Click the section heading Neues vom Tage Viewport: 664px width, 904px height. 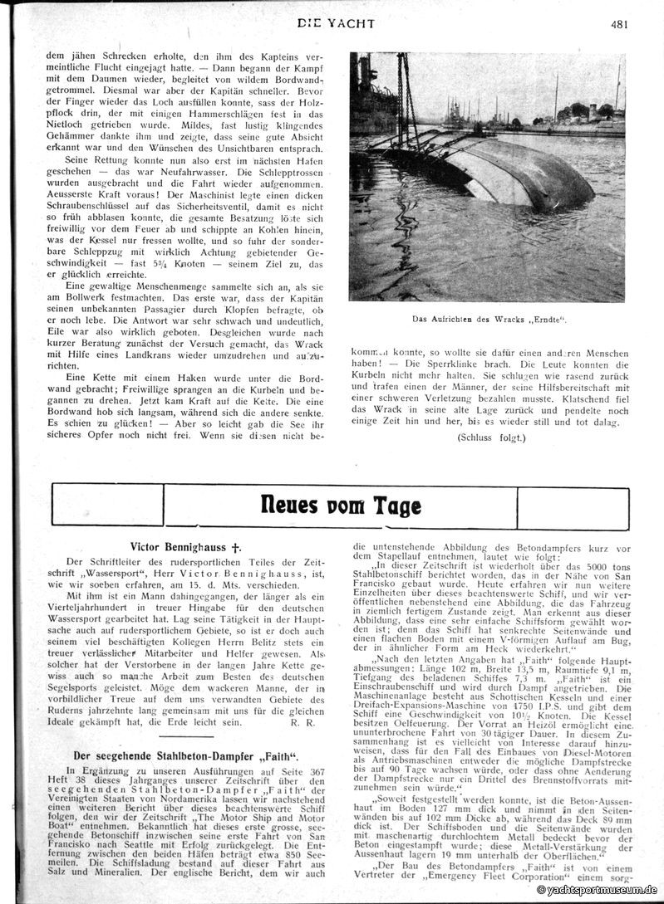tap(341, 506)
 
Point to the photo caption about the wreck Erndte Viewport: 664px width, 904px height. tap(488, 318)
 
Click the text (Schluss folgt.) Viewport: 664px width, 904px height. tap(491, 437)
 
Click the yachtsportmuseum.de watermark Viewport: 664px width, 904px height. tap(598, 889)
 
